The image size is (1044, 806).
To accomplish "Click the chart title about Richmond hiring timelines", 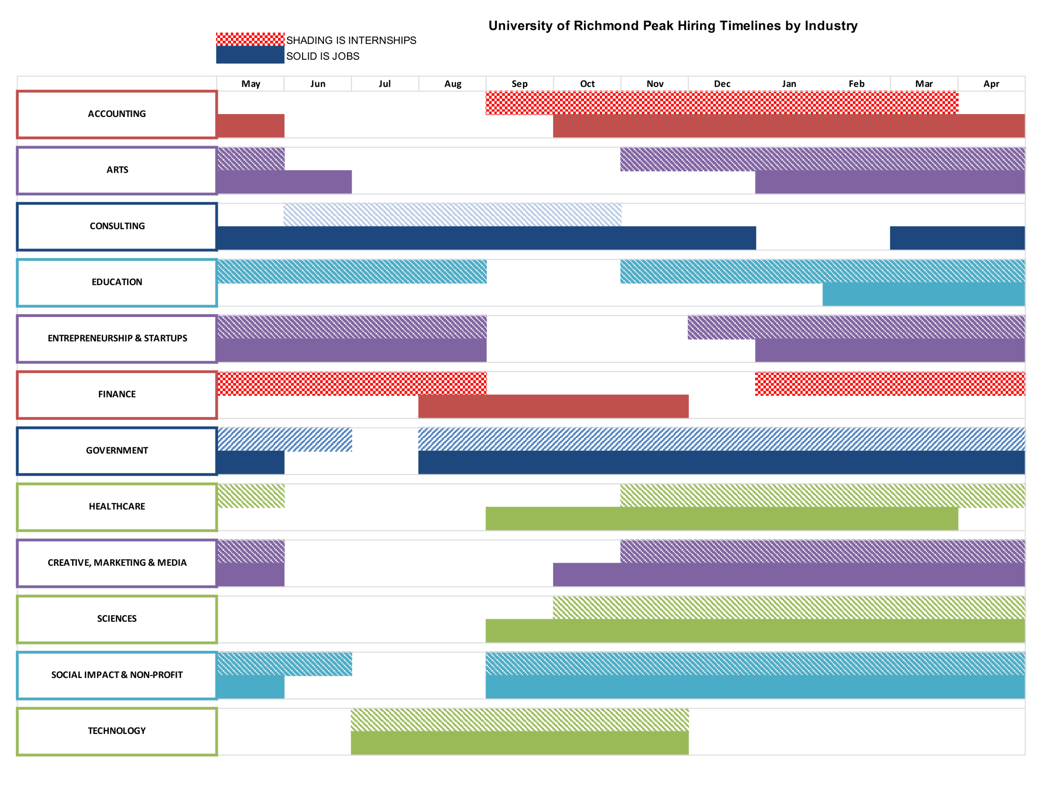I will pyautogui.click(x=672, y=26).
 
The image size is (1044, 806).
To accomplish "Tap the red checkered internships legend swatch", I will pyautogui.click(x=250, y=39).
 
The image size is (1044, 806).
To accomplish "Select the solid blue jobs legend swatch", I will pyautogui.click(x=250, y=55).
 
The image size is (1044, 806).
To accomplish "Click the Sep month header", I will pyautogui.click(x=520, y=84).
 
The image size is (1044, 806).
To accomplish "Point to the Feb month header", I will pyautogui.click(x=856, y=84).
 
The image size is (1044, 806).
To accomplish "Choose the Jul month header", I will pyautogui.click(x=385, y=84).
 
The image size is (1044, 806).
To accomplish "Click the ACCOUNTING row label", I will pyautogui.click(x=117, y=114).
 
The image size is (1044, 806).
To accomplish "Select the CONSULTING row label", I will pyautogui.click(x=117, y=227).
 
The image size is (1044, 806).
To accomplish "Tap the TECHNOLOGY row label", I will pyautogui.click(x=117, y=731).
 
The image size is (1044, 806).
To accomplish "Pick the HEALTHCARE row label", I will pyautogui.click(x=117, y=507).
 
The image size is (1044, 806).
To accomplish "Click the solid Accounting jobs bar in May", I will pyautogui.click(x=250, y=126).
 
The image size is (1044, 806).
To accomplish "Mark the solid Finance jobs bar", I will pyautogui.click(x=553, y=406).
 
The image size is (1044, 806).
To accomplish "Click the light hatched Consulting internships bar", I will pyautogui.click(x=452, y=214).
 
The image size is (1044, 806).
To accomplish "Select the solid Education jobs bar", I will pyautogui.click(x=924, y=294).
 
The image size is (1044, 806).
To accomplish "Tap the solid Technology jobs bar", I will pyautogui.click(x=520, y=743).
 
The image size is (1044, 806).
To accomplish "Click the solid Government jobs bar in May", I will pyautogui.click(x=250, y=462).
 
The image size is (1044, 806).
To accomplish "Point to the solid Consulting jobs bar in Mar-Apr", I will pyautogui.click(x=957, y=238).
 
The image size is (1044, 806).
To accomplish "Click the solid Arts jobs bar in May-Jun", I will pyautogui.click(x=284, y=182).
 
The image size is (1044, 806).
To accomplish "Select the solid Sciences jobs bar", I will pyautogui.click(x=755, y=631).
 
